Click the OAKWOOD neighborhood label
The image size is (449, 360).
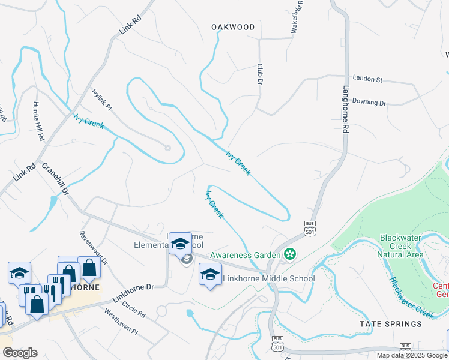[x=233, y=27]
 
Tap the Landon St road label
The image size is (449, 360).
[x=367, y=79]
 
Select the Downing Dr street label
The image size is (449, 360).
[x=369, y=102]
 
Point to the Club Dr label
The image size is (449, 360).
[x=261, y=74]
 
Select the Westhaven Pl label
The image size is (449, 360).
[x=121, y=322]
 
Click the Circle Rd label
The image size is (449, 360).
[x=133, y=306]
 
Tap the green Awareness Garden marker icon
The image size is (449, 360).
[x=290, y=255]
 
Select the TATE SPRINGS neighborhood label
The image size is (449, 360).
[x=390, y=324]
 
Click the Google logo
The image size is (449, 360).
[x=20, y=353]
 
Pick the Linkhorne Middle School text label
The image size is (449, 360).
[x=268, y=278]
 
